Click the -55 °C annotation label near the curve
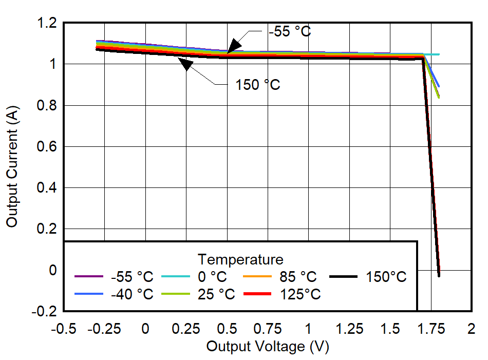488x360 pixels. [290, 32]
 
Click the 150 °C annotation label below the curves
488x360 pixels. [258, 85]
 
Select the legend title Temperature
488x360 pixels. [240, 259]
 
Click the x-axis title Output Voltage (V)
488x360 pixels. [267, 347]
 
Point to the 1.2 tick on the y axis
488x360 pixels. [47, 23]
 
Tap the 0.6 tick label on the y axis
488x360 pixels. [47, 147]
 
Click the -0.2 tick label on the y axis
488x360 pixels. [44, 311]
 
